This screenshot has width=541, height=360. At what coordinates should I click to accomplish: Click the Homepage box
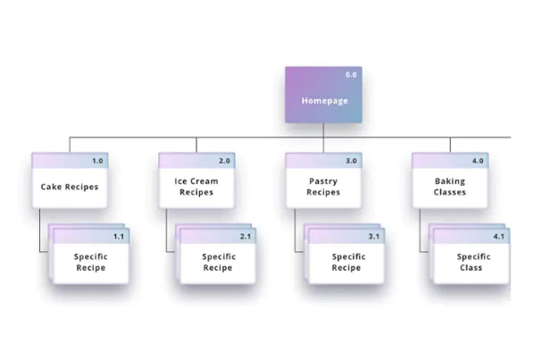(x=323, y=95)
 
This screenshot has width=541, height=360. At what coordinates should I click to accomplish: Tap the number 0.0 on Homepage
(x=351, y=75)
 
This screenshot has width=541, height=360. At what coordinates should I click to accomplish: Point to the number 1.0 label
(x=97, y=161)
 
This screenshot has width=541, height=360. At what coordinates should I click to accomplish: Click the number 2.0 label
(x=224, y=161)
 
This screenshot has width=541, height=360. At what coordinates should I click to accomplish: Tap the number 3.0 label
(x=351, y=161)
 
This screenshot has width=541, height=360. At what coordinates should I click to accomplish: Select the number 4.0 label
(x=478, y=161)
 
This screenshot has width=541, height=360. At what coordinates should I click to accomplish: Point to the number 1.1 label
(x=119, y=237)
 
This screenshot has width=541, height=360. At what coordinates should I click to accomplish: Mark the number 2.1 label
(x=246, y=237)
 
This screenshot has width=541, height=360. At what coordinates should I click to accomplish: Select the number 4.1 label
(x=498, y=237)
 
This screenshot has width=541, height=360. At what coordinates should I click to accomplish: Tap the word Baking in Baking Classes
(x=450, y=181)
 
